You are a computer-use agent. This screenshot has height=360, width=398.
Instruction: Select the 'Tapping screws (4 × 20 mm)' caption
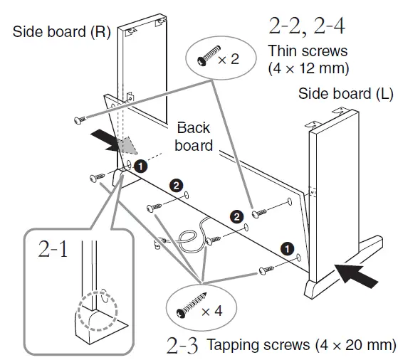click(300, 345)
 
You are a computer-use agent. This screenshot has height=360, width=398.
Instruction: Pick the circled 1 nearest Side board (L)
click(286, 248)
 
